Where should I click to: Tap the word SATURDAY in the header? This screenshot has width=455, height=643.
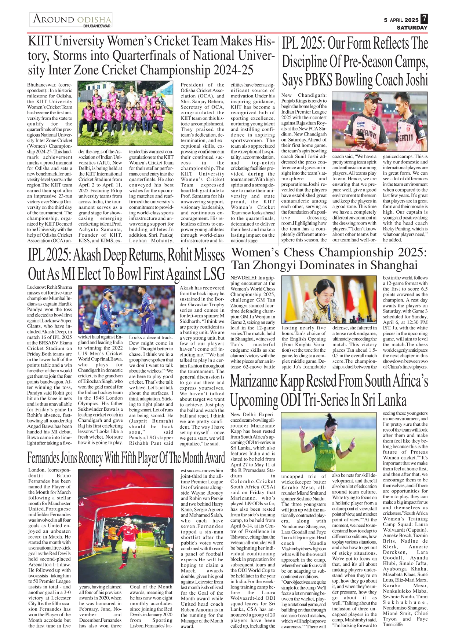tap(412, 27)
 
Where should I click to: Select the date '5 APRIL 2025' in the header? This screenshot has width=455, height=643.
tap(401, 20)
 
